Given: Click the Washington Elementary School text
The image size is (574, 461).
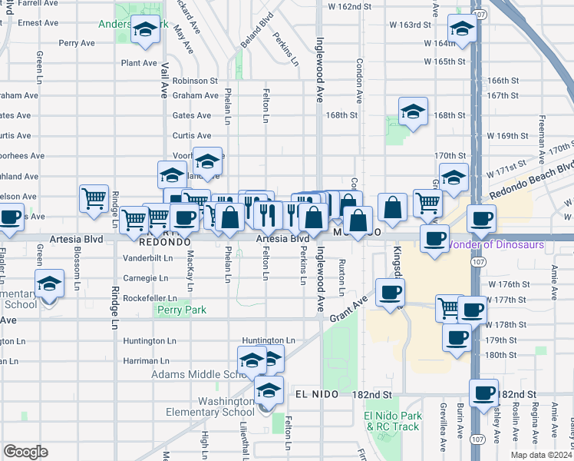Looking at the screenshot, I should pos(210,406).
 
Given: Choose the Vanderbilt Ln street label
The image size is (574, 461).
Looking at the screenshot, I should pos(147,258).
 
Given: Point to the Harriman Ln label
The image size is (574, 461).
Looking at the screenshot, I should pos(146,360).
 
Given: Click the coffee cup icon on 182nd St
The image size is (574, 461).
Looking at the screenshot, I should pos(483,393).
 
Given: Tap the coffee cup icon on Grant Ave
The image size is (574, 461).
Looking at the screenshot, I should pos(391,292).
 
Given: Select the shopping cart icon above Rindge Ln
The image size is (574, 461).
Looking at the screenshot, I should pos(94,198).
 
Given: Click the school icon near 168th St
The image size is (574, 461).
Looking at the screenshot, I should pos(413,111).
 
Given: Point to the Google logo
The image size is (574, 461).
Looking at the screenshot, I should pos(25,451).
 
